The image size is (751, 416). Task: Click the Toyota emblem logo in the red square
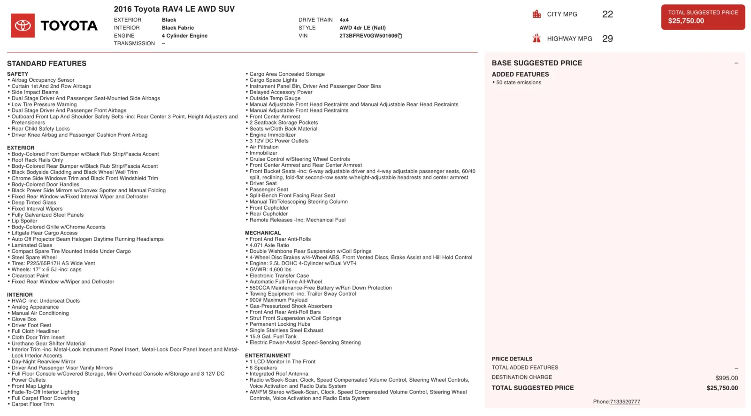coord(23,25)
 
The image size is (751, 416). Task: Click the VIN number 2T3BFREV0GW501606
coord(368,36)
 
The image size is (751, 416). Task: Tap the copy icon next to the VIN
coord(400,36)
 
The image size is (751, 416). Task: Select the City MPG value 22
coord(607,14)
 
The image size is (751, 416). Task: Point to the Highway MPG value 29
coord(607,39)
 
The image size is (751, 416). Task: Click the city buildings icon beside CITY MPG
coord(536,14)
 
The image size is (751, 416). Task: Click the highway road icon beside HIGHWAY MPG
coord(536,39)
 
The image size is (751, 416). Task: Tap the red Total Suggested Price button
coord(703,17)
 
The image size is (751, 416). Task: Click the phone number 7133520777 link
coord(625,402)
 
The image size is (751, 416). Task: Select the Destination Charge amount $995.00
coord(726,378)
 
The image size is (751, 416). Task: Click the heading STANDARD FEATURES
coord(46,63)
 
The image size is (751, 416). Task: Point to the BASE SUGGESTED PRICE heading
coord(536,63)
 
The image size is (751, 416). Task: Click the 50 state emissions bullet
coord(518,83)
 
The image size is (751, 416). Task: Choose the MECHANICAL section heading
coord(263,233)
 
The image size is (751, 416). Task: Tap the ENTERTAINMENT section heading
coord(268,355)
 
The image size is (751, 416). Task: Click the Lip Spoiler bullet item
coord(24,221)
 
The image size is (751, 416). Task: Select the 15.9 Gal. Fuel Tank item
coord(273,337)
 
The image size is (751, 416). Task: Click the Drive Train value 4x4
coord(344,20)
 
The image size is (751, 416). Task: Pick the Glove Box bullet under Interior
coord(24,319)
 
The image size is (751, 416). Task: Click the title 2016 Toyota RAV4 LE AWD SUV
coord(174,9)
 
